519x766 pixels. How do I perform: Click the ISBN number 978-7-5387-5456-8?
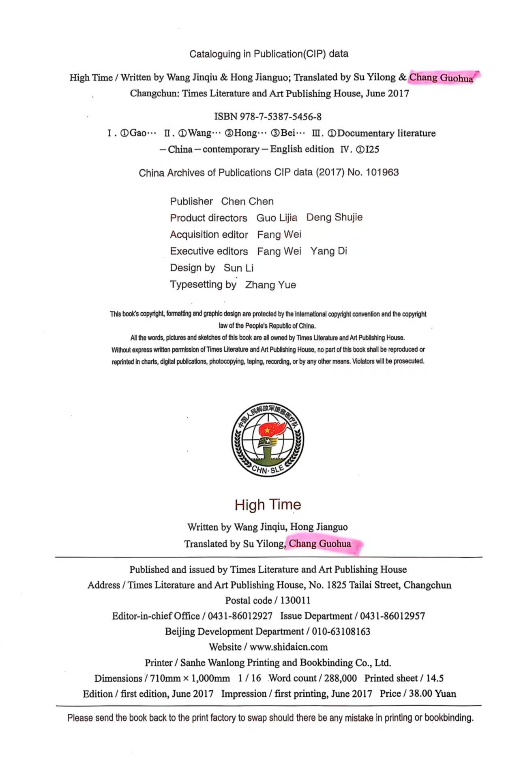(281, 117)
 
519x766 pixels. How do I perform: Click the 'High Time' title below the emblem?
(268, 505)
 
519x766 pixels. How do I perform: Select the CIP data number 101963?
(382, 172)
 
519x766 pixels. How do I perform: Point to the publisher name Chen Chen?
(247, 201)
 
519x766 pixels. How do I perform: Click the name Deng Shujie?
(334, 218)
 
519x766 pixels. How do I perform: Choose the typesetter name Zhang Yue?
(270, 285)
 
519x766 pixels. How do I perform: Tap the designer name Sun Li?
(238, 268)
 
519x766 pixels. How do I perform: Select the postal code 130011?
(295, 600)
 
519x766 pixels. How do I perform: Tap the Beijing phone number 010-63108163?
(341, 632)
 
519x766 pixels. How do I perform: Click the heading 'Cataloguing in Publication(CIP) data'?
(269, 54)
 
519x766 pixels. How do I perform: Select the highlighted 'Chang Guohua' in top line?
(441, 77)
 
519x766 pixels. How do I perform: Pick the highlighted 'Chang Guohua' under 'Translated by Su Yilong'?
(320, 544)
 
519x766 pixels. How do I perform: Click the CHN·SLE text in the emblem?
(268, 469)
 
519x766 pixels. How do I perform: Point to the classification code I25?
(372, 149)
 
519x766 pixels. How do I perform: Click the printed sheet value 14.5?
(435, 678)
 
